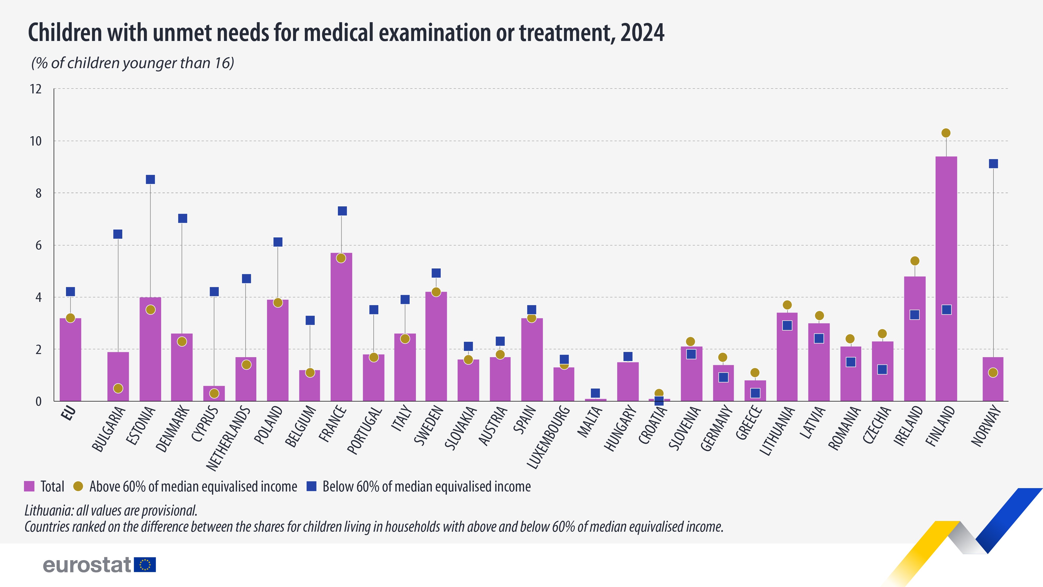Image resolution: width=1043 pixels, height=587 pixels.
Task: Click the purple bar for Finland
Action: (x=946, y=279)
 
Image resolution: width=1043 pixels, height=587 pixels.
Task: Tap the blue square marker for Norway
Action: (x=993, y=164)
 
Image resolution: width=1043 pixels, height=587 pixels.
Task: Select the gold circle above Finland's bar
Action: (x=946, y=133)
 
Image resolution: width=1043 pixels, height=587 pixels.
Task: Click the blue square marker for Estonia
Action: (x=150, y=179)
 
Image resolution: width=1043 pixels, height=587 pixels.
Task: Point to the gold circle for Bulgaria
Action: (x=118, y=388)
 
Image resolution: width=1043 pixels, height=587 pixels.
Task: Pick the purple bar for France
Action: (x=341, y=328)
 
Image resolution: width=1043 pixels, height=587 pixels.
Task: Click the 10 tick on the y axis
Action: (x=36, y=141)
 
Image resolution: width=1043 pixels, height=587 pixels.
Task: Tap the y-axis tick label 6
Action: (x=39, y=245)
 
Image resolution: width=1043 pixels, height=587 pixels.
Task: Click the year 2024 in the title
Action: (x=642, y=33)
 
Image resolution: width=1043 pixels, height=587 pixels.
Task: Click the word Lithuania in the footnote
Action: (x=48, y=511)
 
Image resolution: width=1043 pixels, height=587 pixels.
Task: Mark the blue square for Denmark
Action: (x=183, y=218)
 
